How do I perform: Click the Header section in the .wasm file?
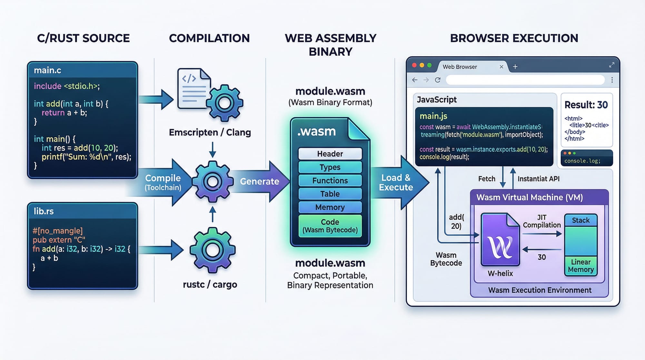click(330, 154)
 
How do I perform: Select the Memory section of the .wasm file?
click(330, 207)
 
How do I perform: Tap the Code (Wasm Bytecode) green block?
click(330, 226)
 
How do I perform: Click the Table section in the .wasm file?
click(330, 194)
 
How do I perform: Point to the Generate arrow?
click(260, 181)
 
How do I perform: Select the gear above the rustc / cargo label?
click(212, 250)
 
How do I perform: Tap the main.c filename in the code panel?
click(47, 70)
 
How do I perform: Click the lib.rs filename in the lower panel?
click(44, 211)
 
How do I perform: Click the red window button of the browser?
click(414, 65)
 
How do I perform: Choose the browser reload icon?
click(438, 80)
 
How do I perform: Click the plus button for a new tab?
click(515, 67)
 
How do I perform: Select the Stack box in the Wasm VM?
click(580, 220)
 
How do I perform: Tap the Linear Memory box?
click(580, 266)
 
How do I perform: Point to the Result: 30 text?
click(586, 105)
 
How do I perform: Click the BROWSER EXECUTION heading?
click(514, 38)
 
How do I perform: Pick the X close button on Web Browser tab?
click(501, 67)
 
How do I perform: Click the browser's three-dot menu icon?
click(612, 80)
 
